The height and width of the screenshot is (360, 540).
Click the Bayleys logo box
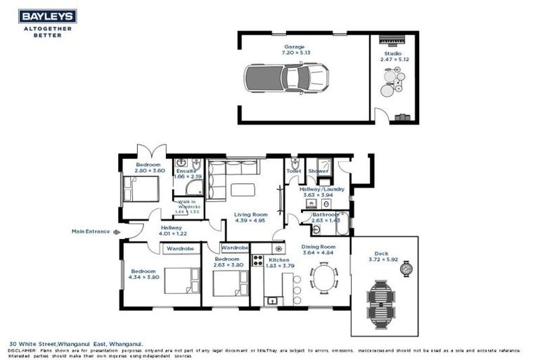pos(47,15)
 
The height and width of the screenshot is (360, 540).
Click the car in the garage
pos(286,77)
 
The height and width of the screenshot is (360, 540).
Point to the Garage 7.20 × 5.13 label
pos(295,50)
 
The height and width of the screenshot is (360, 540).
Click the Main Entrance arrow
pos(117,231)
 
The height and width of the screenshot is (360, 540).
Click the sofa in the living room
pos(234,169)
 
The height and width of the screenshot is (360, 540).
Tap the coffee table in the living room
pos(243,189)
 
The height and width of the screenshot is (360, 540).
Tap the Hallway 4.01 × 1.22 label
pos(172,231)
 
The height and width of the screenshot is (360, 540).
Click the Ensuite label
pos(186,172)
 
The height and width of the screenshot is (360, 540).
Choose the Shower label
pos(319,171)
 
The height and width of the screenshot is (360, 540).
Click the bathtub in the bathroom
pos(342,225)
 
